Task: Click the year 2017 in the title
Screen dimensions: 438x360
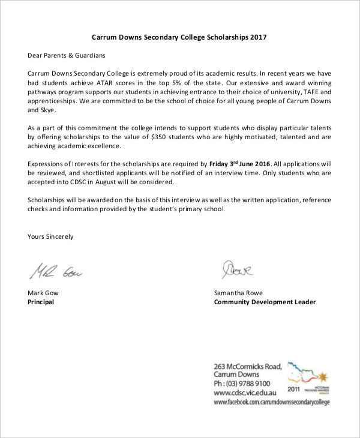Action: click(257, 37)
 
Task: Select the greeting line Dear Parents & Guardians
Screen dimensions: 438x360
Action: click(66, 55)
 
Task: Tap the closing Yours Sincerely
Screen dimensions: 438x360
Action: click(50, 236)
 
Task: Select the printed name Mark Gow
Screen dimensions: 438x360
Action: click(43, 293)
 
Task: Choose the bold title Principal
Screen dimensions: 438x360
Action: click(41, 302)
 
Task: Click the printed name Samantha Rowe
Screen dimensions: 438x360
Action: click(238, 293)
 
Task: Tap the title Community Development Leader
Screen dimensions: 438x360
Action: click(265, 302)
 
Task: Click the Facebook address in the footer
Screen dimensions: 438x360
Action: click(272, 402)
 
